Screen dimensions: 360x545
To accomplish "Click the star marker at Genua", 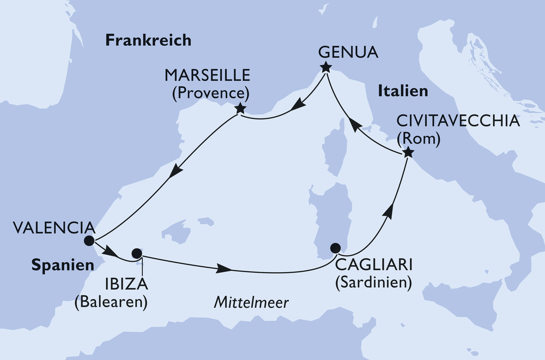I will [325, 68].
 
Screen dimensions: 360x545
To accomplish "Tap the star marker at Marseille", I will [239, 109].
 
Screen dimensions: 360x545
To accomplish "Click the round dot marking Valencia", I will [89, 241].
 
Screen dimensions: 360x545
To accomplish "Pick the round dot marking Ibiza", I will [137, 254].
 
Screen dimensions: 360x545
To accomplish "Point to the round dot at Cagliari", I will [336, 248].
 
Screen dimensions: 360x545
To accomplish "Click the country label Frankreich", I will [148, 40].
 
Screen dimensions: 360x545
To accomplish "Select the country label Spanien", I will [59, 266].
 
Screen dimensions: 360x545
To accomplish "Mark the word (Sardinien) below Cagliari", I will [373, 283].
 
